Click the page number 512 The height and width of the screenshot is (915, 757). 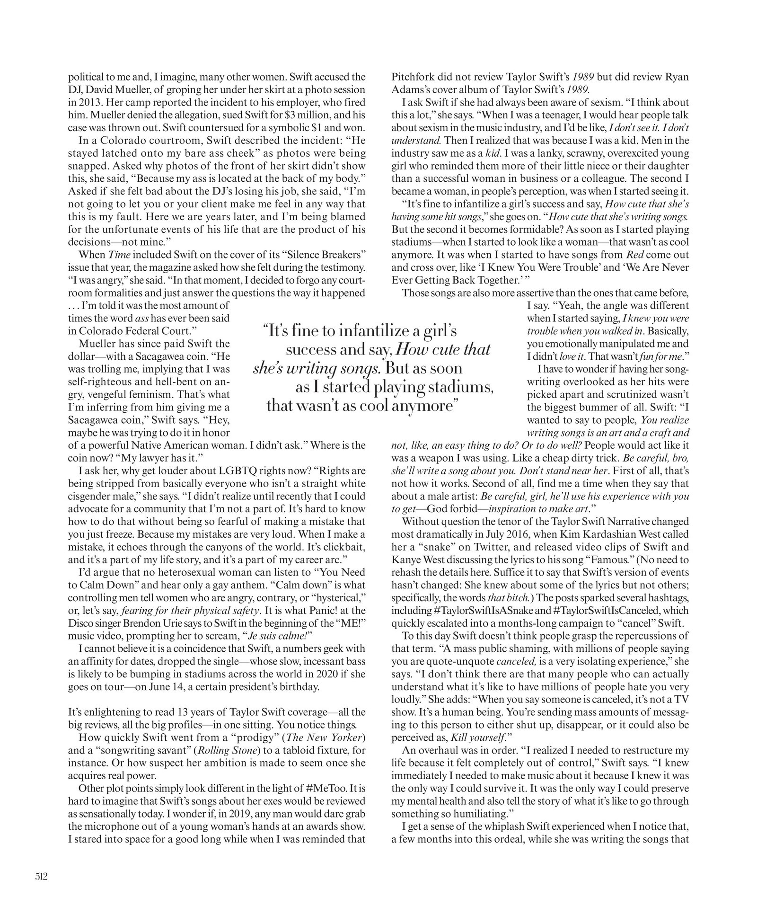pos(41,876)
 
